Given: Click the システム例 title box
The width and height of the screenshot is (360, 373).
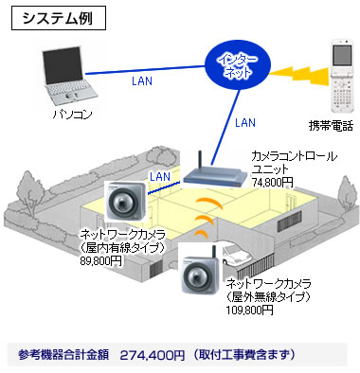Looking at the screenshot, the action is (x=59, y=19).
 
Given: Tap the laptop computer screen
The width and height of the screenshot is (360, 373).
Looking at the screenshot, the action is (x=62, y=65).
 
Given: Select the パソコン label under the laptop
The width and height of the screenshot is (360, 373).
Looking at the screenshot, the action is (x=72, y=114).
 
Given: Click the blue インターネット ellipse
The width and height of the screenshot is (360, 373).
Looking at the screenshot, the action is (x=238, y=66).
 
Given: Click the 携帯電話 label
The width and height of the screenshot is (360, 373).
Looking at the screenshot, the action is (x=331, y=126).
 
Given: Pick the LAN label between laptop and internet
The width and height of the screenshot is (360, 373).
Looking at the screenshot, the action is (x=142, y=81).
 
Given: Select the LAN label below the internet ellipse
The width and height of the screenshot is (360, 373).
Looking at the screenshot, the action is (x=245, y=122).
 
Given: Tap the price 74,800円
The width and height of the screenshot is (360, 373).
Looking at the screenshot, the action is (x=272, y=182).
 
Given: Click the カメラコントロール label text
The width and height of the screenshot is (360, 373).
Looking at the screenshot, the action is (x=294, y=156).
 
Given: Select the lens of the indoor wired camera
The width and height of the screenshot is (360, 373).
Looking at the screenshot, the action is (x=121, y=204).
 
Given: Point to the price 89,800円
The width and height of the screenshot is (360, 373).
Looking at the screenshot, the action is (x=100, y=261).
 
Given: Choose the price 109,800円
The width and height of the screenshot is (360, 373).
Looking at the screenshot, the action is (x=249, y=310).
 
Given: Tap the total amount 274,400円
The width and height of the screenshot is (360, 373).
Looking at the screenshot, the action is (x=153, y=356).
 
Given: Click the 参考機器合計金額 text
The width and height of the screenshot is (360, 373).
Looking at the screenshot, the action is (x=63, y=355).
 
